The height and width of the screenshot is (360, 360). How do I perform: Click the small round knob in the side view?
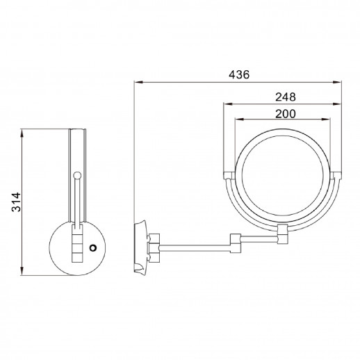(x=77, y=175)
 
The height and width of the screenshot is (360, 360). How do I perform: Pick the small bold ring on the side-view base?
(x=92, y=244)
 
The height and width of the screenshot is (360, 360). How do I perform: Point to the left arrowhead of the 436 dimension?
(x=136, y=83)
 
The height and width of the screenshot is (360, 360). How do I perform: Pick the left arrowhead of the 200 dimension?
(x=236, y=121)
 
